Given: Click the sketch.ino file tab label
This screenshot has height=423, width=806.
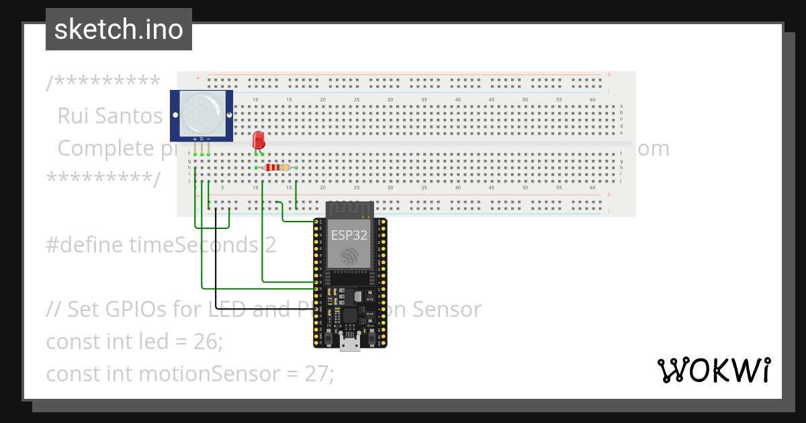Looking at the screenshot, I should coord(118,30).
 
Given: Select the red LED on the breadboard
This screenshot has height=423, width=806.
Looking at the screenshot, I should coord(259,140).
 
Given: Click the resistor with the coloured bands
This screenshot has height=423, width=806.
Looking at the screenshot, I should coord(277,167).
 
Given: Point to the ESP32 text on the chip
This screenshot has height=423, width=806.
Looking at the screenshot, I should coord(349,235).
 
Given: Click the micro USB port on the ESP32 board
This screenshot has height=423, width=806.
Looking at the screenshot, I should coord(349,344).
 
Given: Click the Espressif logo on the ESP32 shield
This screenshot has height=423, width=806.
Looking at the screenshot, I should coord(349,256).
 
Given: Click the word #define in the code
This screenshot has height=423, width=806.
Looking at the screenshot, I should coord(85,245).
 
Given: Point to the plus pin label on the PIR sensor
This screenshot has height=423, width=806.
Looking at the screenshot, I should coord(195,138).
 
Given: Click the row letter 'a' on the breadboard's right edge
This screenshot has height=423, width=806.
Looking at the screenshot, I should coord(621,106).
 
